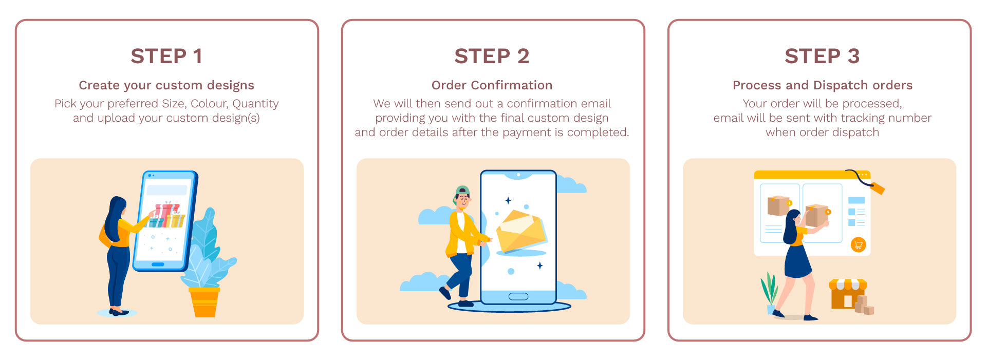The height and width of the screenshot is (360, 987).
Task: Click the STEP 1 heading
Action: [166, 56]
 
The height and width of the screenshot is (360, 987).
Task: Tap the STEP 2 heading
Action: [492, 56]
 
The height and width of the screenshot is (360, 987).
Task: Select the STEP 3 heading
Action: [822, 56]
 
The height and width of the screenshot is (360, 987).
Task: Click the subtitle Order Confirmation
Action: [492, 85]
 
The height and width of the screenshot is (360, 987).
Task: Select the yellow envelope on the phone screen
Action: [521, 233]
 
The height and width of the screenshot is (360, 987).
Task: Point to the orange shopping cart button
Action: [858, 244]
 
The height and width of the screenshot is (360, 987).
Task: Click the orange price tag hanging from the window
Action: [878, 188]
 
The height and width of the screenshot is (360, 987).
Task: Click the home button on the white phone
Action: [518, 296]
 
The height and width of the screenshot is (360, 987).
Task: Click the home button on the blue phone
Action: [158, 264]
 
